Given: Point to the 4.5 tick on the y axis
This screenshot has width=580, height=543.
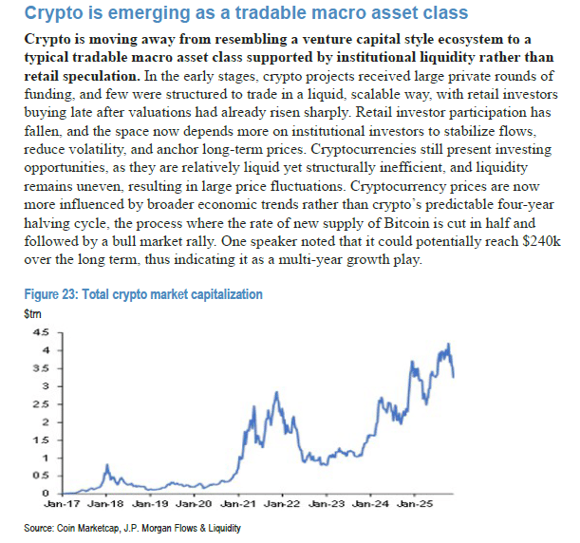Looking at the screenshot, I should pos(42,332).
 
